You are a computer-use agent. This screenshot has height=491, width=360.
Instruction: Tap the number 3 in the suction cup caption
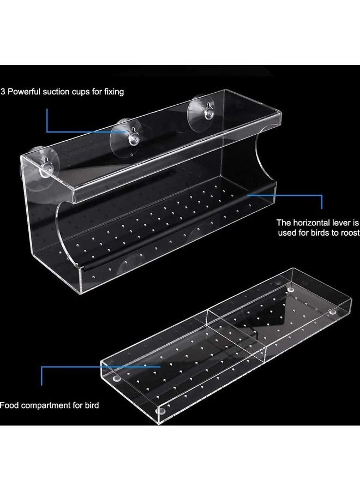coord(3,92)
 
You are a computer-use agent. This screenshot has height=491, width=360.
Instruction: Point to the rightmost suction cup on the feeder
coord(203,113)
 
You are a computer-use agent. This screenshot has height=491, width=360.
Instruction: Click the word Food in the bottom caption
coord(9,405)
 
